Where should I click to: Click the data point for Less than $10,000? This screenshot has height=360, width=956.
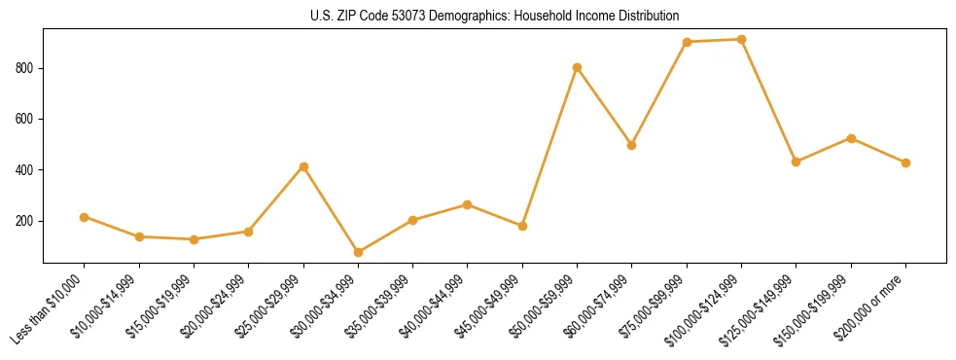click(85, 217)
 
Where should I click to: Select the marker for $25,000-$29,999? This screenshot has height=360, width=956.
click(303, 166)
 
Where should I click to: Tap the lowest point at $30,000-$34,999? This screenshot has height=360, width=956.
click(358, 252)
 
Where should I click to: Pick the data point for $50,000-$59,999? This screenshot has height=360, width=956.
click(578, 67)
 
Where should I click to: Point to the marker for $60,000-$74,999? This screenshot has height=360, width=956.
click(632, 145)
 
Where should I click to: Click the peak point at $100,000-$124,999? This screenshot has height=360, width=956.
click(741, 40)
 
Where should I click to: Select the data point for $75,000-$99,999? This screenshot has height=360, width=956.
click(687, 42)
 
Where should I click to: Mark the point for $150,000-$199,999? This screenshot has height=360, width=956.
click(851, 138)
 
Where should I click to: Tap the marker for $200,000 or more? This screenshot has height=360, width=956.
click(905, 162)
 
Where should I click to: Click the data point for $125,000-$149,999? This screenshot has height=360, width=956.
click(797, 162)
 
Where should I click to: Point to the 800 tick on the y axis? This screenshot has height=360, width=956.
click(27, 68)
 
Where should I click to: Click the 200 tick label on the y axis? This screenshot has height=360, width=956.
click(27, 221)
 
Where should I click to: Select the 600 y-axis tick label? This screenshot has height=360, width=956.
click(27, 119)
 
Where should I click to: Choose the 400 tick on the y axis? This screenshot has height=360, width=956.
click(27, 170)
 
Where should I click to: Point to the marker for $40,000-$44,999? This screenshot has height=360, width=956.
click(468, 204)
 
